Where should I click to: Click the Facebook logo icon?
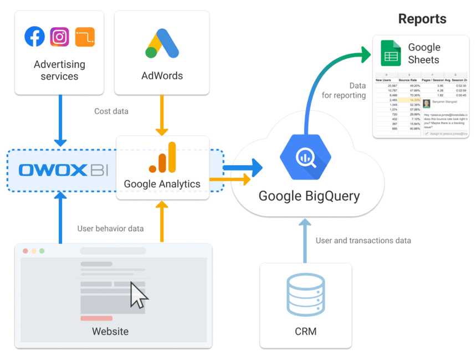point(35,37)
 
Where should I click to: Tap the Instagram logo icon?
point(60,37)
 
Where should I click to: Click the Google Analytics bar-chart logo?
point(162,157)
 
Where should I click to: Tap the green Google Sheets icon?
point(391,53)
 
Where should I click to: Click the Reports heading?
point(422,19)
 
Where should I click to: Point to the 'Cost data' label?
point(111,111)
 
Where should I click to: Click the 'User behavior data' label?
point(110,229)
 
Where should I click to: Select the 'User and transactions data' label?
point(364,240)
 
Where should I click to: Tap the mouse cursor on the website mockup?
point(139,295)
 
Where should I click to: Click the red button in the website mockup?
point(96,318)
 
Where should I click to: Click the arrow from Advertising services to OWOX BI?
point(60,116)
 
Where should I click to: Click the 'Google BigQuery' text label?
point(309,196)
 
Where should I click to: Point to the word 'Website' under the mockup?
point(110,332)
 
